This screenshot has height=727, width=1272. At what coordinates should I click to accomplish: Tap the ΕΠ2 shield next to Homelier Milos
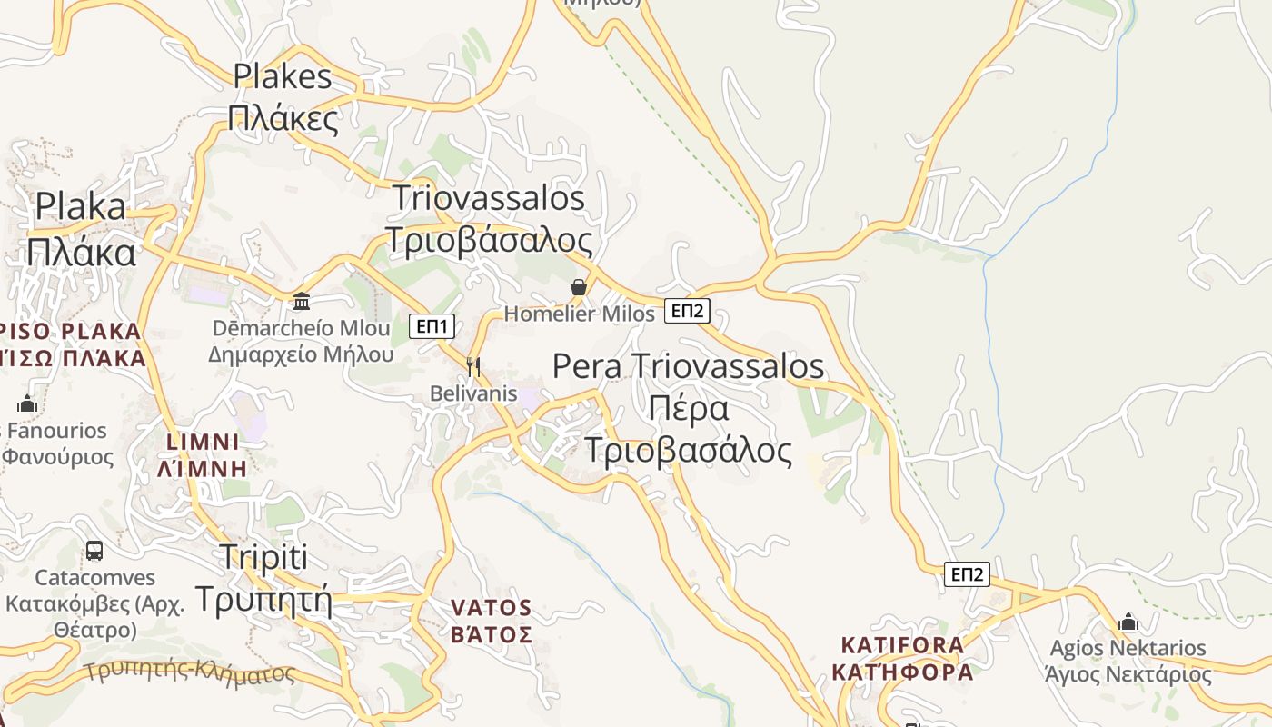click(x=687, y=311)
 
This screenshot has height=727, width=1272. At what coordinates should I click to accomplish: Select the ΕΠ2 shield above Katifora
click(x=967, y=574)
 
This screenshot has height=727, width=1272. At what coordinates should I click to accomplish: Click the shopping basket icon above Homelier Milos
click(x=579, y=288)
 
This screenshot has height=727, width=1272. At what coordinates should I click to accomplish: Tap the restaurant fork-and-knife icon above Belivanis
click(x=472, y=366)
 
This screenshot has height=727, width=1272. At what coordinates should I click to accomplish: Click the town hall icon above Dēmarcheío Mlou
click(x=302, y=301)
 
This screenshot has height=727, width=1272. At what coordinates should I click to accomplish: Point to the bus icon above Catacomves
click(x=94, y=550)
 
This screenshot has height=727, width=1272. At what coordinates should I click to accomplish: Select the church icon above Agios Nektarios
click(x=1128, y=622)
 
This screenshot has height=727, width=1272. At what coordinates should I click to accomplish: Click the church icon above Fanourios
click(x=27, y=403)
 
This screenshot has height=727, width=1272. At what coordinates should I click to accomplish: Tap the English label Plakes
click(x=283, y=76)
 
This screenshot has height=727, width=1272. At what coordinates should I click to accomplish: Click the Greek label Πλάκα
click(x=81, y=252)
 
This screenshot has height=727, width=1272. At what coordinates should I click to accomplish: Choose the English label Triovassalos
click(x=489, y=197)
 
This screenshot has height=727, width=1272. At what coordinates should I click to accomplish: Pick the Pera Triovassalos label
click(x=688, y=365)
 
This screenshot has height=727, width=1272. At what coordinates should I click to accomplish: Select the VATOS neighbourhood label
click(x=492, y=607)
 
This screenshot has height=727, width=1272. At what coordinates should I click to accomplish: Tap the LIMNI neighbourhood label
click(x=203, y=443)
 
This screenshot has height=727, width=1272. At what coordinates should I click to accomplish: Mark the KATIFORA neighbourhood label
click(x=902, y=645)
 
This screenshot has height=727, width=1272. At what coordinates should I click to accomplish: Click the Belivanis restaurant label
click(x=473, y=393)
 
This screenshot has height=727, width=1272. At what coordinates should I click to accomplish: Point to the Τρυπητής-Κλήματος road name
click(x=189, y=672)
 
